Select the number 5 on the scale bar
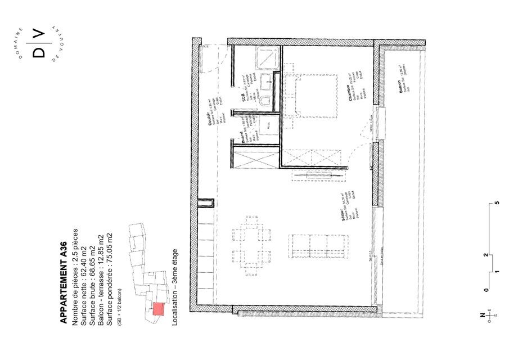(497, 202)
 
